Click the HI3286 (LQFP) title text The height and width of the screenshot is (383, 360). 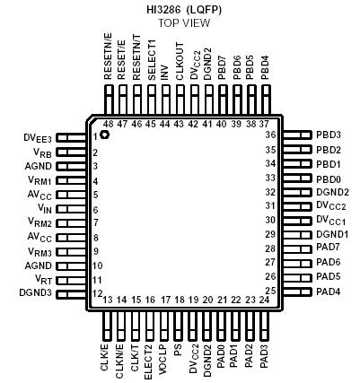(x=183, y=8)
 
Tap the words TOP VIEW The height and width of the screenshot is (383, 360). (x=183, y=22)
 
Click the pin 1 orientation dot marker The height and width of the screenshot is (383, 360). (x=105, y=135)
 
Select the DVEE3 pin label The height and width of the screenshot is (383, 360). (x=39, y=138)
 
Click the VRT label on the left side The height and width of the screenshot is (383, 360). (x=42, y=279)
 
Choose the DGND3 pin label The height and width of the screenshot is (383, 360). (x=38, y=293)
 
